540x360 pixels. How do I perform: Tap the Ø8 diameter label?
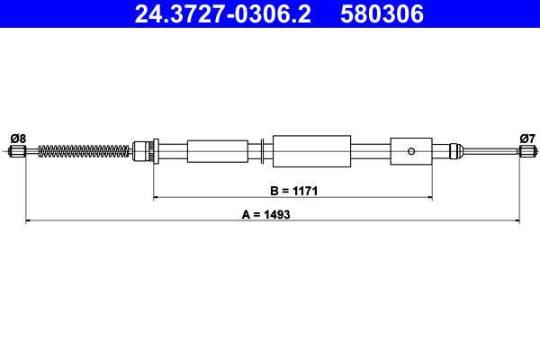click(x=17, y=138)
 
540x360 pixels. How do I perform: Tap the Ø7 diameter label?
click(x=527, y=138)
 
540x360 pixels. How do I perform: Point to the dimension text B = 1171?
click(x=293, y=191)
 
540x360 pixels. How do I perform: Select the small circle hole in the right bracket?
click(x=411, y=150)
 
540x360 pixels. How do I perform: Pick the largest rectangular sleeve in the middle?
click(x=310, y=150)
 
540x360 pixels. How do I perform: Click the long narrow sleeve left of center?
click(x=217, y=150)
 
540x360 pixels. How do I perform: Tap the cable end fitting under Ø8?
click(x=17, y=151)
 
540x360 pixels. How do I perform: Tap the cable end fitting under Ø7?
click(x=526, y=151)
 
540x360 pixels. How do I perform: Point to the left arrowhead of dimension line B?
click(x=157, y=196)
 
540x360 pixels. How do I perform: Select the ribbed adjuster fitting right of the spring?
click(x=145, y=150)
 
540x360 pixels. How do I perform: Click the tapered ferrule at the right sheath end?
click(x=454, y=150)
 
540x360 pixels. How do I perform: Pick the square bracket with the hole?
click(x=411, y=150)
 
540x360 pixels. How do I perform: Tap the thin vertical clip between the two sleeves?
click(x=260, y=150)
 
